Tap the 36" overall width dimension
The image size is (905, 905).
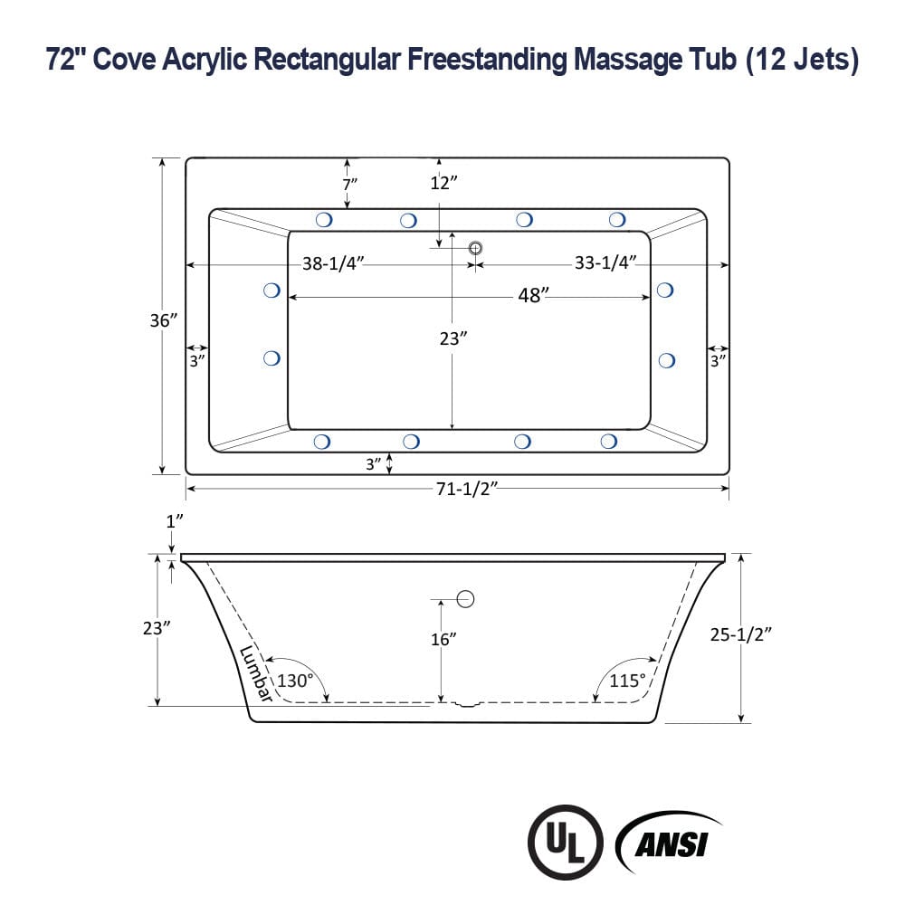coord(164,319)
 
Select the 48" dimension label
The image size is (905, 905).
coord(533,296)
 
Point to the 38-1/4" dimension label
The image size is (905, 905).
coord(333,263)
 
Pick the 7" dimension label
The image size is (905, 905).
coord(349,183)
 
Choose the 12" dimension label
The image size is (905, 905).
coord(443,183)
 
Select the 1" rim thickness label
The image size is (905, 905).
coord(175,520)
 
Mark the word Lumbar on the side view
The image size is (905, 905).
coord(257,673)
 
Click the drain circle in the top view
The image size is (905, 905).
coord(475,248)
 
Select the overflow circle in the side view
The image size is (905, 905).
coord(466,599)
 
